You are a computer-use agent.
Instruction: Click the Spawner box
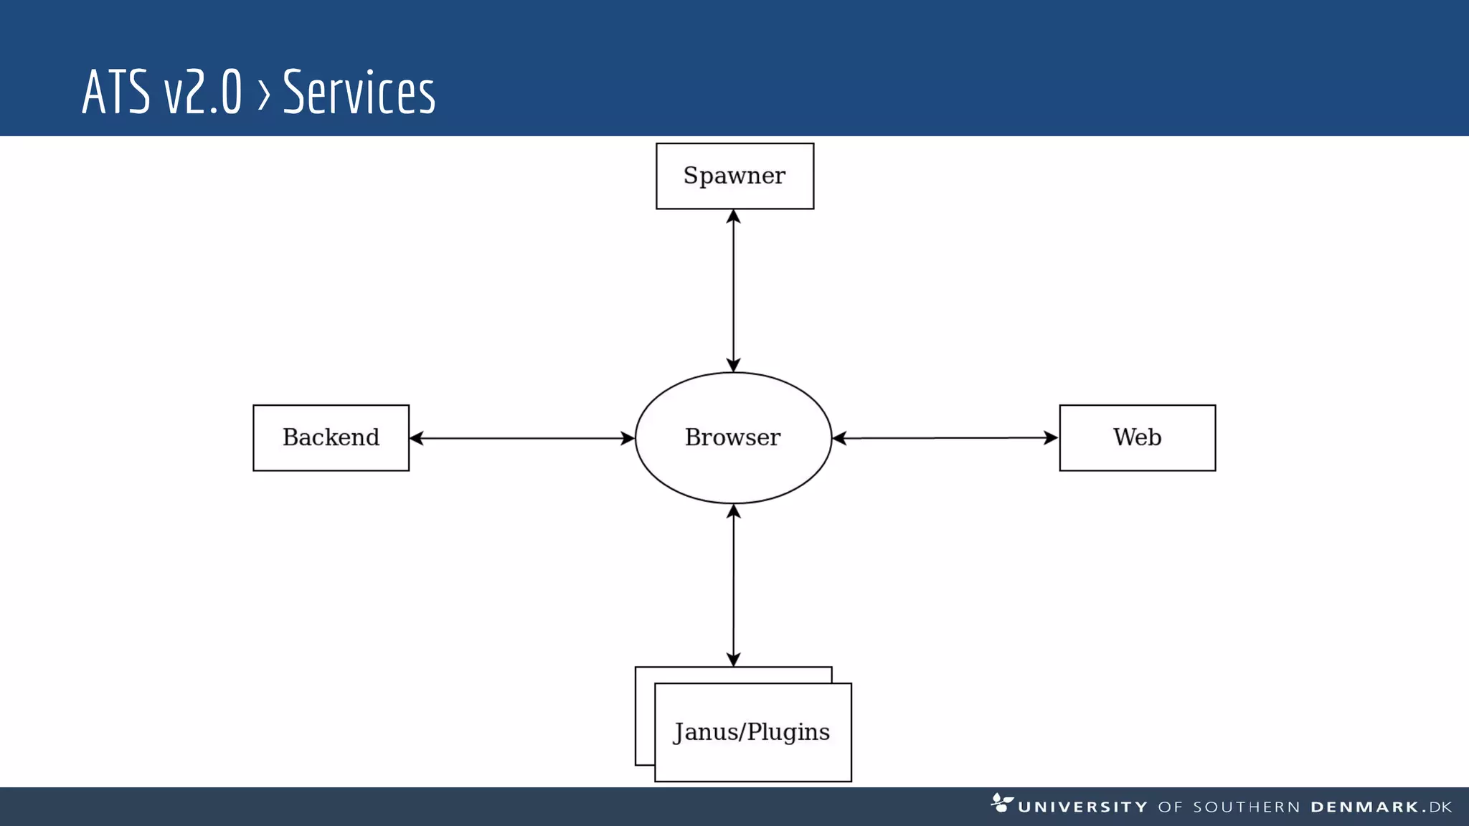pos(734,176)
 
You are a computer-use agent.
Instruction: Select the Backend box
pos(331,437)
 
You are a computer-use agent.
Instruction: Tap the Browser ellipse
pos(733,437)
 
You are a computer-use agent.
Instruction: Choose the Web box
pos(1137,437)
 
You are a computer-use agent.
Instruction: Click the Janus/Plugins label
pos(752,732)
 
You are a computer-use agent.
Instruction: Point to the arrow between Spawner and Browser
pos(733,290)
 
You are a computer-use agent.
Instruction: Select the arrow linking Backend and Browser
pos(521,438)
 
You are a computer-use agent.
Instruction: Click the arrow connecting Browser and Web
pos(945,437)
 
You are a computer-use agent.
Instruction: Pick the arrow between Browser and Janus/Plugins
pos(733,585)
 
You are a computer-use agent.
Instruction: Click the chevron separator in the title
pos(263,94)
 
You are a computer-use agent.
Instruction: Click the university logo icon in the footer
pos(1001,803)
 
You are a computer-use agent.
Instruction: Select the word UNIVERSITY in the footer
pos(1082,807)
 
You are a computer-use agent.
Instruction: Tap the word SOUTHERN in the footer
pos(1246,807)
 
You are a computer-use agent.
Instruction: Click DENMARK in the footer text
pos(1364,807)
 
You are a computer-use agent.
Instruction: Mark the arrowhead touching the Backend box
pos(417,438)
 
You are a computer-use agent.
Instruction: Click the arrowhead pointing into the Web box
pos(1051,437)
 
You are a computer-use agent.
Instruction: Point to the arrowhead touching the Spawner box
pos(733,217)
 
